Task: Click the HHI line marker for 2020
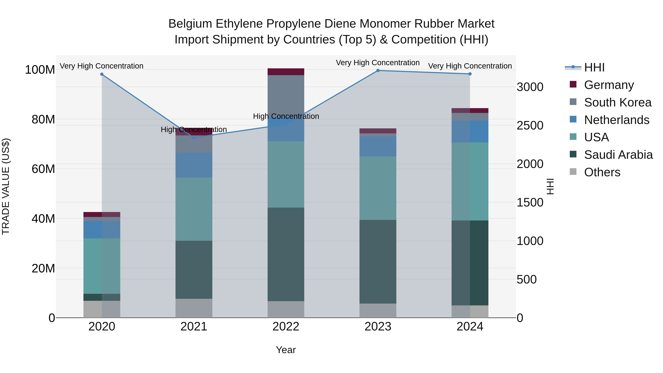[x=102, y=74]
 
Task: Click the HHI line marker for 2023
[x=378, y=71]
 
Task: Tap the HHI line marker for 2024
[x=470, y=74]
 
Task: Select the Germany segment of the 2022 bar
[x=286, y=72]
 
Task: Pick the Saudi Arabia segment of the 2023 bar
[x=378, y=262]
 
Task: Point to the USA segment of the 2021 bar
[x=194, y=209]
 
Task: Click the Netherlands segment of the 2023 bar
[x=378, y=146]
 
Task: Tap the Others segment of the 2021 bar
[x=194, y=308]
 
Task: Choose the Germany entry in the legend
[x=609, y=85]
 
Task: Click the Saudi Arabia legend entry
[x=618, y=155]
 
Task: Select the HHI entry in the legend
[x=594, y=67]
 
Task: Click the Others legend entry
[x=602, y=172]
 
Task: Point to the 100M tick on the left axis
[x=40, y=70]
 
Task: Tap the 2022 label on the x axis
[x=286, y=327]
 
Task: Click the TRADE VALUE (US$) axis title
[x=6, y=186]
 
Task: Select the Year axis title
[x=286, y=350]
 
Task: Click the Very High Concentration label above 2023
[x=378, y=63]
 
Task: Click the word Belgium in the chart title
[x=190, y=24]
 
